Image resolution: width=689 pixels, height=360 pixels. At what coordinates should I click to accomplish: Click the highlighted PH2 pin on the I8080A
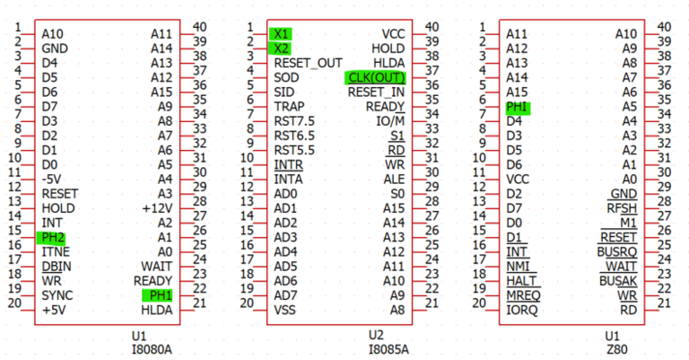pyautogui.click(x=52, y=237)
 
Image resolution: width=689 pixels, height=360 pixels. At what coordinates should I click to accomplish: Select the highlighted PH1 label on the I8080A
pyautogui.click(x=158, y=295)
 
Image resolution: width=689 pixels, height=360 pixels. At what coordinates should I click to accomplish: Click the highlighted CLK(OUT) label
pyautogui.click(x=374, y=77)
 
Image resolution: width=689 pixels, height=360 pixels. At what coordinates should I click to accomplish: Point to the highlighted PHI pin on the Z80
pyautogui.click(x=518, y=107)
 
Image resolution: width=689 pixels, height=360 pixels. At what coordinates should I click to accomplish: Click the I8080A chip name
pyautogui.click(x=151, y=349)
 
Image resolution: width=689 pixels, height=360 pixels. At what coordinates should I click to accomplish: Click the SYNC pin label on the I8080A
pyautogui.click(x=57, y=295)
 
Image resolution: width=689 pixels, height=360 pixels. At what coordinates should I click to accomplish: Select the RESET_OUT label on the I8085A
pyautogui.click(x=308, y=63)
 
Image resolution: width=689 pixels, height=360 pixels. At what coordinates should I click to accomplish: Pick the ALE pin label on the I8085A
pyautogui.click(x=394, y=179)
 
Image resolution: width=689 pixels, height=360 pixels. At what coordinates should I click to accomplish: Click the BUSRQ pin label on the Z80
pyautogui.click(x=616, y=251)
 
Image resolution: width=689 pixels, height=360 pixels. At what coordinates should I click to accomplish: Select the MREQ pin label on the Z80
pyautogui.click(x=525, y=295)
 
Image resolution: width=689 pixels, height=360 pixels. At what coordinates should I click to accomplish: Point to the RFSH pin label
pyautogui.click(x=622, y=207)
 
